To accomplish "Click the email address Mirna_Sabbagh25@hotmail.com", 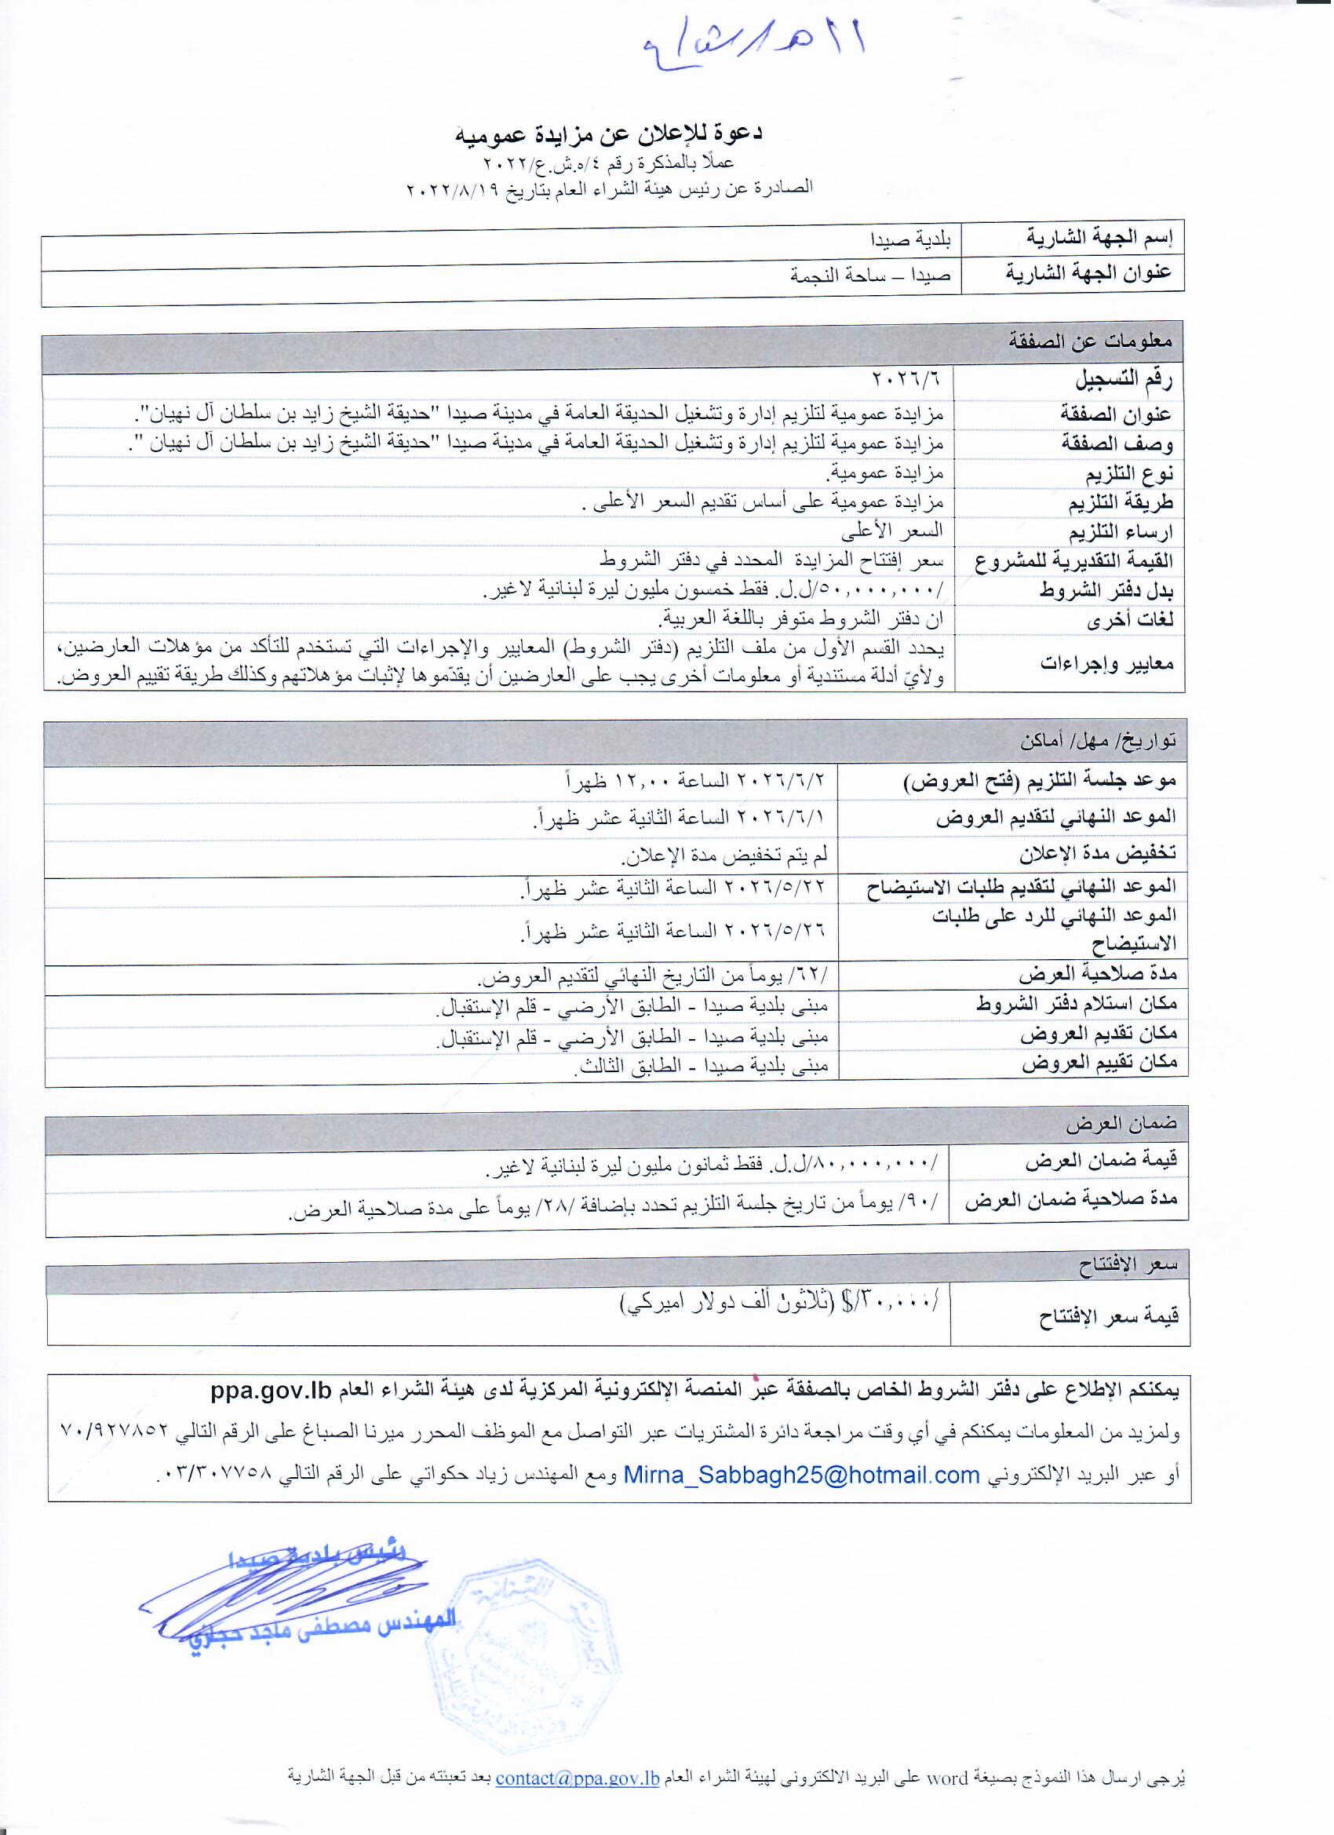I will click(x=802, y=1475).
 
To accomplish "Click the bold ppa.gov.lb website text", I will click(x=272, y=1392).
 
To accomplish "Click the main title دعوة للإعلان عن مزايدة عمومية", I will click(x=609, y=134).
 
